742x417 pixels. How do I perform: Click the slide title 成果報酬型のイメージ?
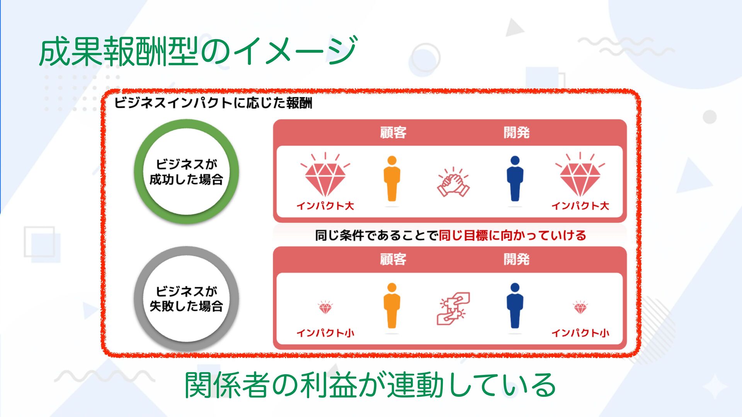coord(197,51)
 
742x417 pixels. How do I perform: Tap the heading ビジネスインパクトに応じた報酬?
coord(213,103)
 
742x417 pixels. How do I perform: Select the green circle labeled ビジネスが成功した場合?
coord(186,171)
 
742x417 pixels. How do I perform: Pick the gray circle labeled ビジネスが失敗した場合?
coord(186,298)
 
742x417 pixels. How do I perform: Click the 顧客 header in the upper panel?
coord(393,132)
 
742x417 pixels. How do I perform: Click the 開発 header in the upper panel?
coord(516,132)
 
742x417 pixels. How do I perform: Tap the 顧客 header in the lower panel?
coord(393,259)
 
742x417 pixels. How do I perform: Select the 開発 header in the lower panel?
coord(516,259)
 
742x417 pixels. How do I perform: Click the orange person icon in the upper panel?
coord(392,179)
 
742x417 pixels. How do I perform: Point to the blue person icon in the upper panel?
coord(515,179)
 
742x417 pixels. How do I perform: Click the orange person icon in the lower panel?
coord(392,305)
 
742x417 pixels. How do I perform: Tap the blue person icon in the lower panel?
coord(515,305)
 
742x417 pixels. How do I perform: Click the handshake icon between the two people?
coord(453,183)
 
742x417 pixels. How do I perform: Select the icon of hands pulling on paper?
coord(453,308)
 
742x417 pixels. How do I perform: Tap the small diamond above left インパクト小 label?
coord(325,308)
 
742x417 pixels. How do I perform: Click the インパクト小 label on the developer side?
coord(580,333)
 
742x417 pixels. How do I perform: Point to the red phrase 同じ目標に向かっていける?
coord(512,235)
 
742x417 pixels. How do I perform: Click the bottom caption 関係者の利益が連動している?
coord(370,385)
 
